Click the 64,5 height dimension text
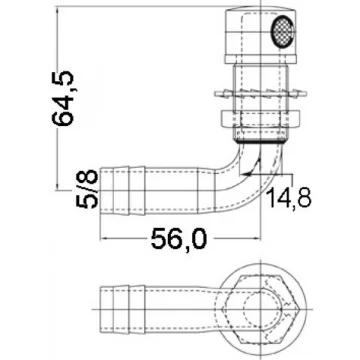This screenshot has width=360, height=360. click(63, 98)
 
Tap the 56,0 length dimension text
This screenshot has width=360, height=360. click(179, 239)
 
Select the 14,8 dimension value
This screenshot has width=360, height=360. click(290, 198)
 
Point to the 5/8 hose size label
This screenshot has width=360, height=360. click(88, 189)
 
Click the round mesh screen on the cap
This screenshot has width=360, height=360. click(282, 30)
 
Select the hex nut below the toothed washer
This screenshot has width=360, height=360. click(261, 120)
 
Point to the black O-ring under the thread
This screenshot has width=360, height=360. click(261, 141)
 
